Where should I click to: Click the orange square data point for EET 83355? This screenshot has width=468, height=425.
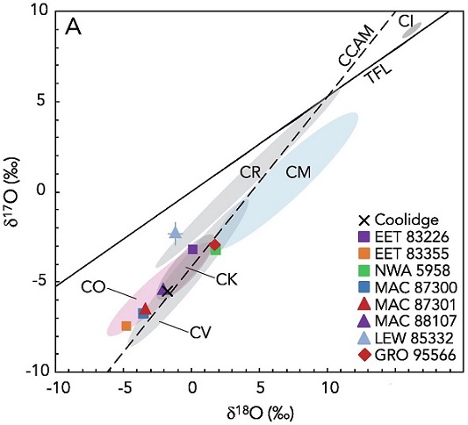[x=126, y=326]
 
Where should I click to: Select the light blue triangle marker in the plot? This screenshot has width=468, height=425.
[x=175, y=232]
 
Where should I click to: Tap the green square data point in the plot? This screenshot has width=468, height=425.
[x=216, y=250]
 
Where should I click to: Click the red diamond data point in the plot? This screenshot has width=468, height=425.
[x=214, y=245]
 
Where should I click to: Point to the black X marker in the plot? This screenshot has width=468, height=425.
[x=167, y=291]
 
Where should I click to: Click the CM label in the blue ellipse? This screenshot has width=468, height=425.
[x=299, y=173]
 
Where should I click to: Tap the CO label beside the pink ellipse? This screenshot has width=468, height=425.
[x=94, y=286]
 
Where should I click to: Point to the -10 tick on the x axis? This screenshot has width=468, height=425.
[x=58, y=387]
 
